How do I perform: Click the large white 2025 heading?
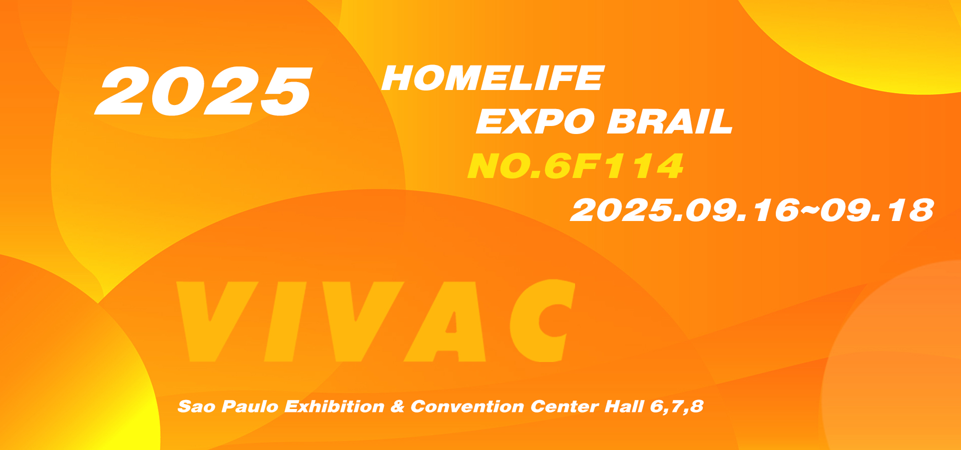click(204, 91)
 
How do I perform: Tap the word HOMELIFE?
click(493, 78)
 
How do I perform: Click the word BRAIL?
click(670, 121)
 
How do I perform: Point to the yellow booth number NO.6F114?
click(576, 166)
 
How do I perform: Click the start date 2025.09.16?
click(685, 210)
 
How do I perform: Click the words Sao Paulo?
click(228, 406)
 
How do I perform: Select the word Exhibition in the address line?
click(335, 406)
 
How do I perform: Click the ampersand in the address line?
click(397, 406)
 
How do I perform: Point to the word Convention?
click(467, 406)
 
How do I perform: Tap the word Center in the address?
click(565, 406)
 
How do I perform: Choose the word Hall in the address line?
click(624, 406)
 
